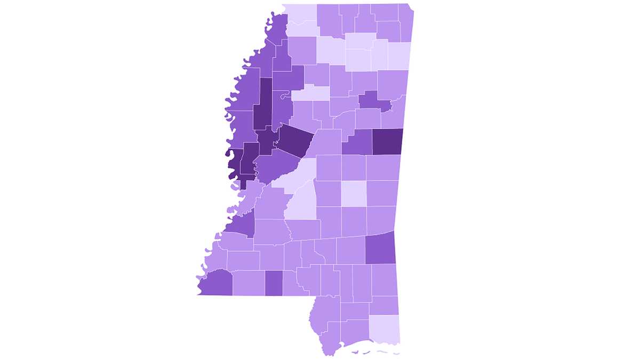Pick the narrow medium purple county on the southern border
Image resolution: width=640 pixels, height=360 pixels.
[274, 283]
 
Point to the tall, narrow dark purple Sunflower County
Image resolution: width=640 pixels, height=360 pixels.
[262, 104]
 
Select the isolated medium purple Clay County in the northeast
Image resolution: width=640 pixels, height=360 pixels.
[371, 100]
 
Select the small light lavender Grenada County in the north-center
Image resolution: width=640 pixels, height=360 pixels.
[311, 92]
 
